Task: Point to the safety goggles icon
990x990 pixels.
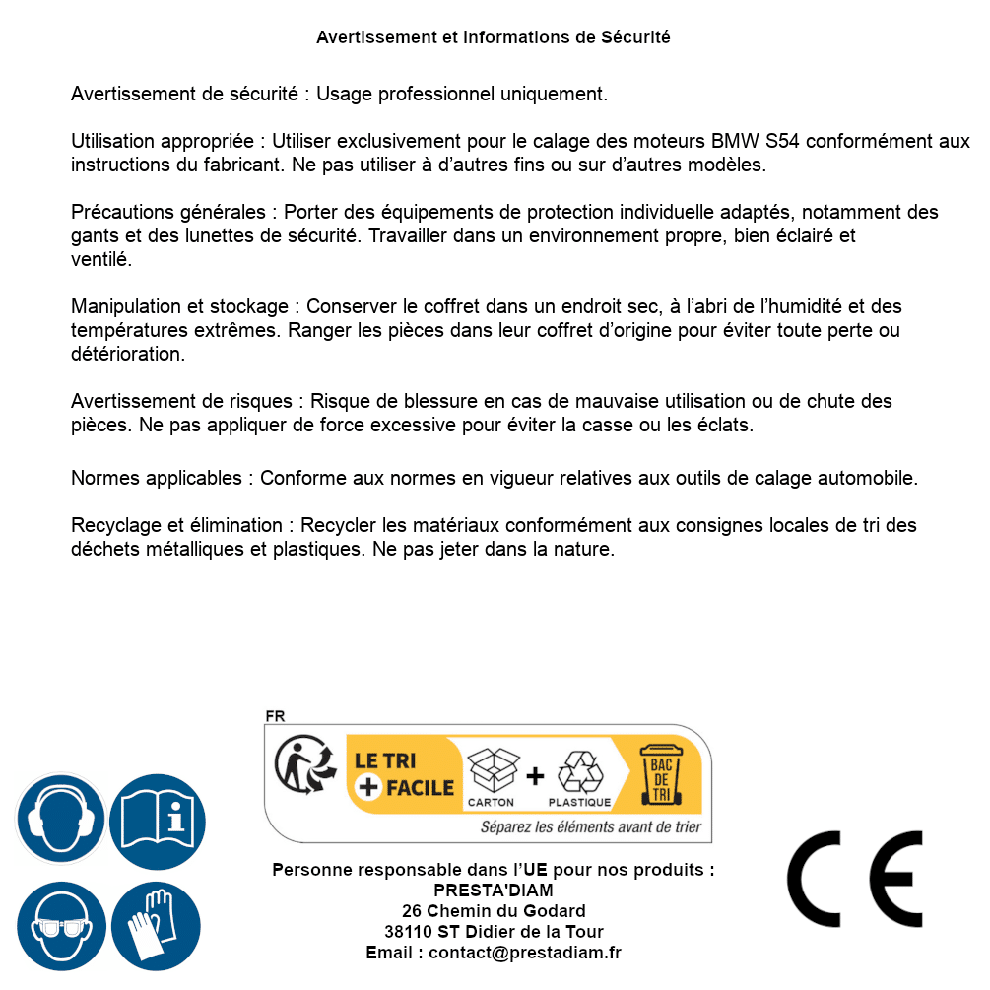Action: point(59,927)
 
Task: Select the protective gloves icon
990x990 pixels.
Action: point(156,927)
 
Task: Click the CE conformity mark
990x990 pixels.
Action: point(855,879)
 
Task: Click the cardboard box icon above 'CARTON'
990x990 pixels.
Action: point(492,769)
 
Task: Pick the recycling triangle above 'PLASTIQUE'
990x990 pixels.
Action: point(578,770)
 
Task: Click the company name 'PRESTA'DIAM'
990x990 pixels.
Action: point(494,891)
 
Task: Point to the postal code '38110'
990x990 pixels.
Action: point(408,932)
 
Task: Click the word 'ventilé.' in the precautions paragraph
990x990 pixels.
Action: point(101,260)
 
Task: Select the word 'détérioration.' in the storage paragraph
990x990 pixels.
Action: point(128,353)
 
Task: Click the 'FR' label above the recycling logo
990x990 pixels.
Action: point(275,716)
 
